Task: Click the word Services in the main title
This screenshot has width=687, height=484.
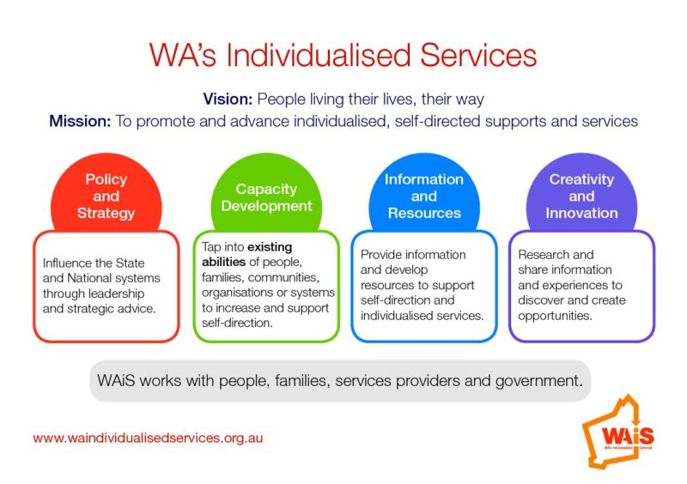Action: tap(478, 55)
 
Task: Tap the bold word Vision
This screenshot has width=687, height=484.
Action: tap(228, 99)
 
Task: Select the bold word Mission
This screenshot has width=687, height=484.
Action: tap(80, 121)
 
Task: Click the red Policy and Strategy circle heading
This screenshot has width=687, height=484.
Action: tap(106, 196)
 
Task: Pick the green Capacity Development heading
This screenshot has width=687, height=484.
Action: tap(266, 197)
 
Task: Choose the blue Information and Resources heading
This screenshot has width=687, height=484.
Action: tap(424, 196)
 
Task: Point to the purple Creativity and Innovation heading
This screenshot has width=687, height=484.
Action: tap(582, 196)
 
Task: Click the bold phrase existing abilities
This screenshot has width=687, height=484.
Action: tap(246, 255)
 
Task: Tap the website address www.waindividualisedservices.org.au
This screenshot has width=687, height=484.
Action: tap(148, 438)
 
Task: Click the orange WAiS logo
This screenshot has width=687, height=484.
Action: tap(618, 432)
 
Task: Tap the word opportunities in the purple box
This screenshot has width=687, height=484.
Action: tap(555, 315)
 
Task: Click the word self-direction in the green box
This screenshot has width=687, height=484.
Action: tap(237, 323)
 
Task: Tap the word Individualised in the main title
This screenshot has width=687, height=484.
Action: tap(319, 55)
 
